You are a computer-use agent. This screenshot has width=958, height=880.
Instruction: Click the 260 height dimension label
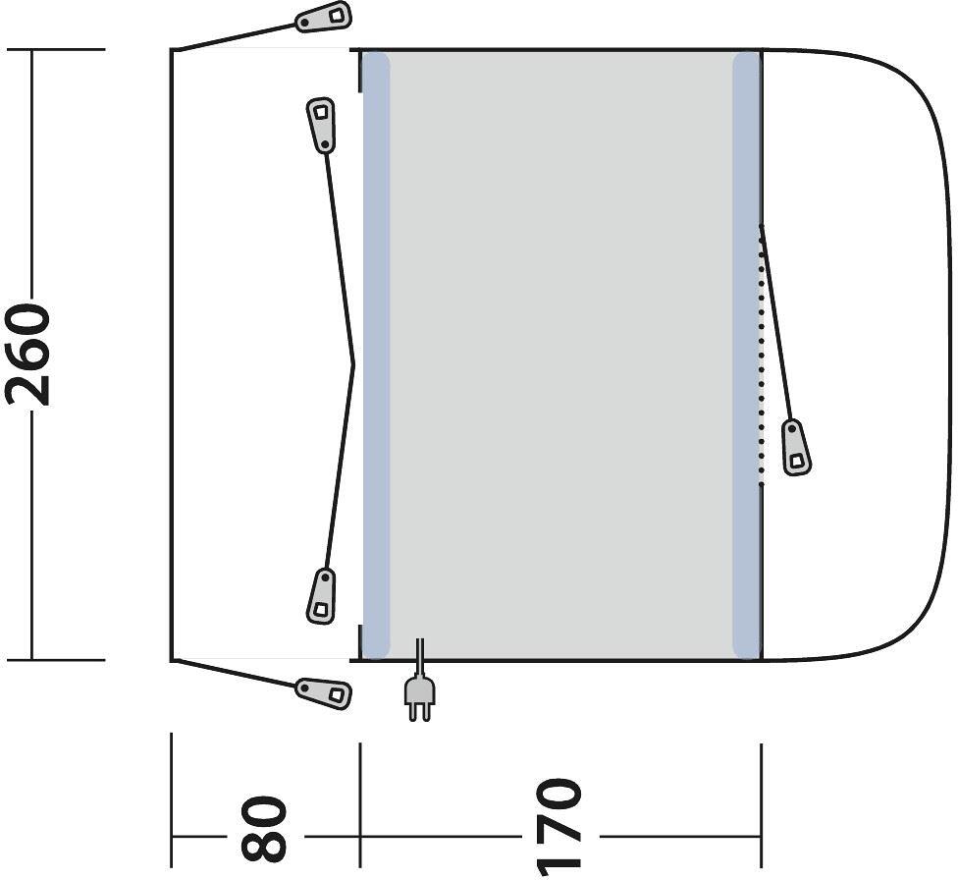(27, 355)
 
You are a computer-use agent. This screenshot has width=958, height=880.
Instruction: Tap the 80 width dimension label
(264, 827)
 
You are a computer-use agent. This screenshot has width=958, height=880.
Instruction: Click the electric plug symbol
(419, 697)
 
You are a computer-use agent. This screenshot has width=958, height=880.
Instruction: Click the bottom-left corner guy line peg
(324, 692)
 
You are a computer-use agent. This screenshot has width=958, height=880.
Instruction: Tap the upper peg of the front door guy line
(321, 124)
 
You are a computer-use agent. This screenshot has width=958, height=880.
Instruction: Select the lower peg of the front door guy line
(321, 596)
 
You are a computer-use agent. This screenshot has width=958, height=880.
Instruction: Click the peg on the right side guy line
(797, 447)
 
